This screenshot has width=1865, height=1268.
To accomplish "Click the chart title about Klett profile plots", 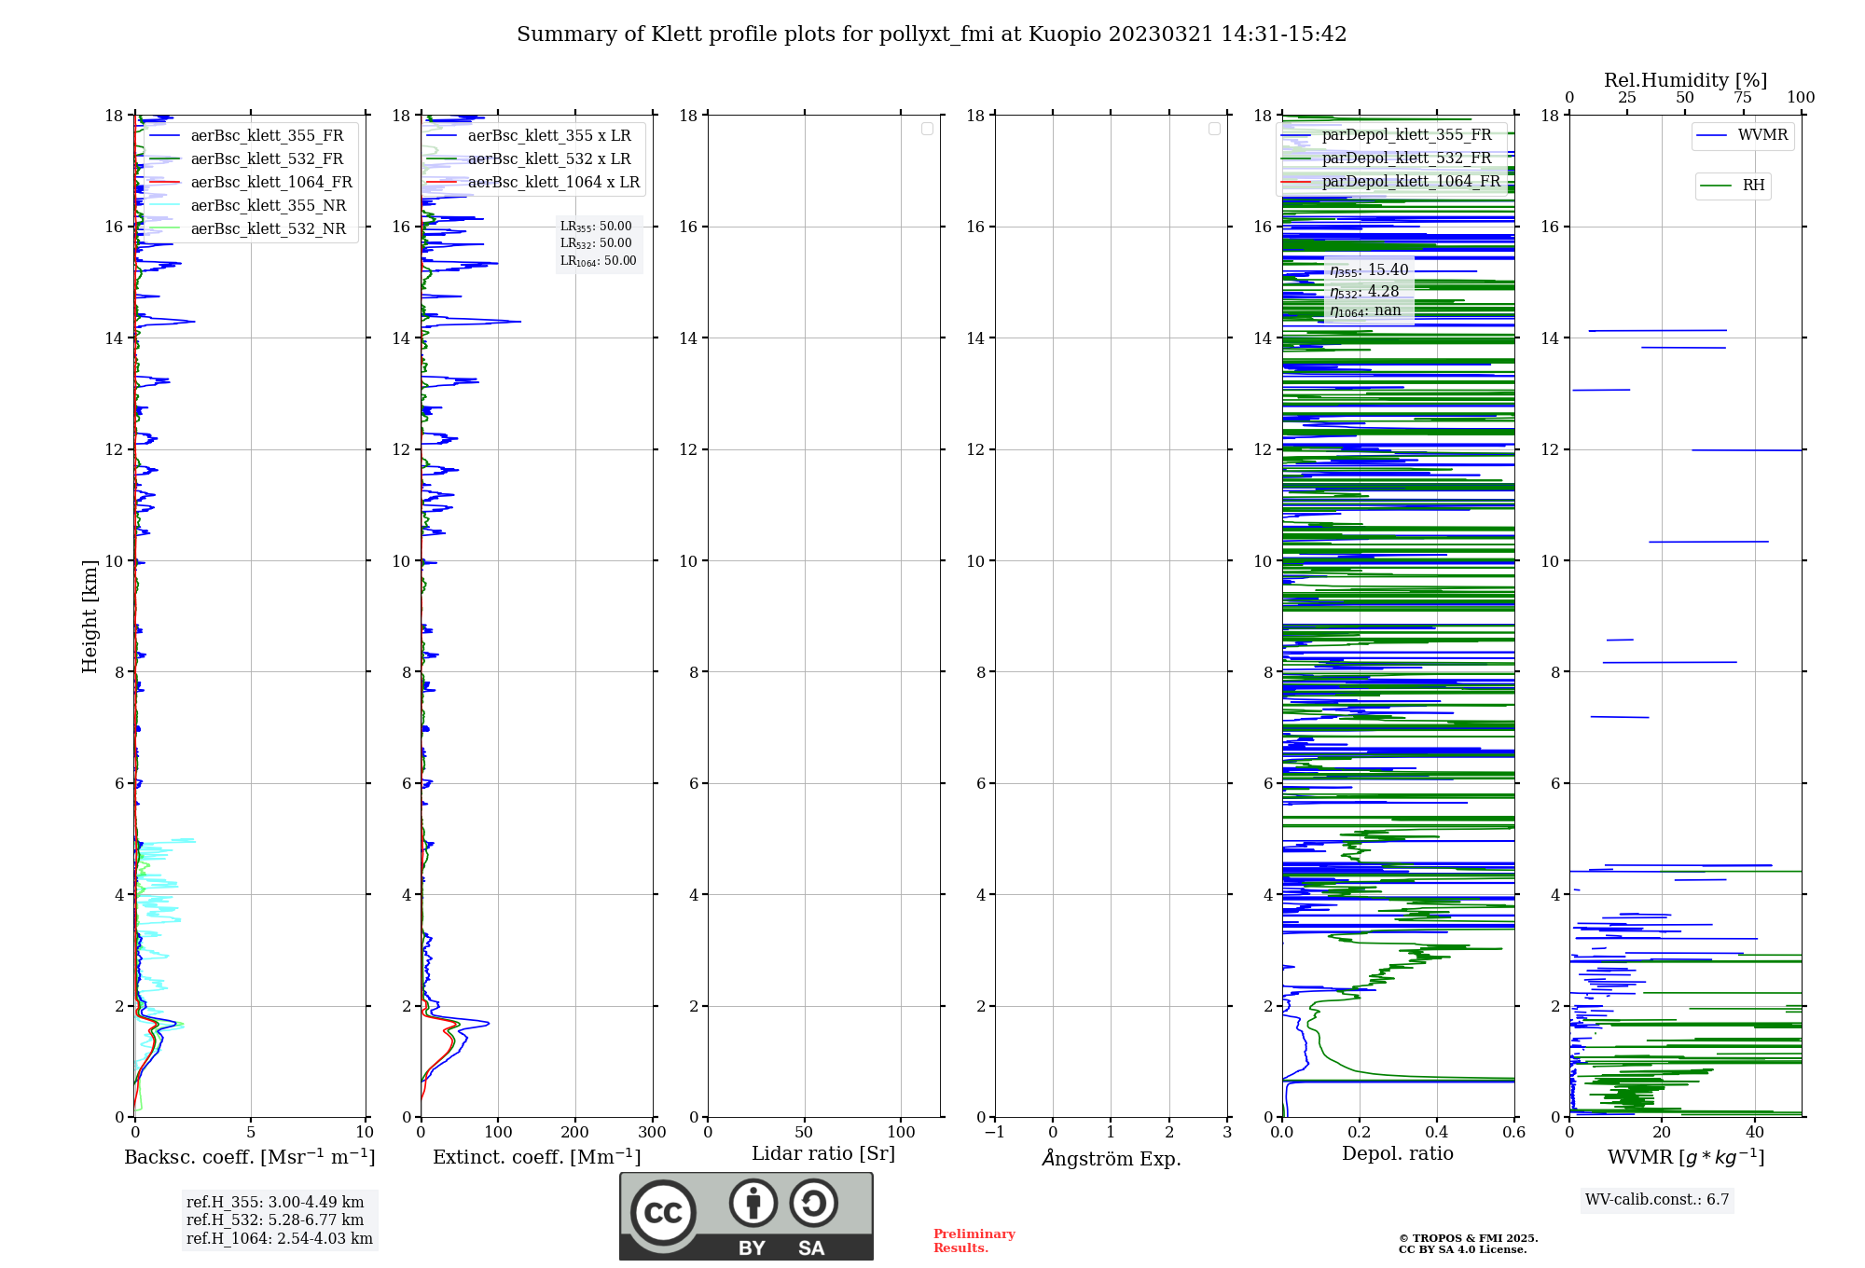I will (932, 34).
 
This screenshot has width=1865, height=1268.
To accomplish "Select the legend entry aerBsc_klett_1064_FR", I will (271, 183).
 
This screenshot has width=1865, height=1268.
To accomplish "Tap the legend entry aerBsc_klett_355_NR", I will (269, 206).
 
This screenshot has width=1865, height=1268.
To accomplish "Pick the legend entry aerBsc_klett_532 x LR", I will (549, 159).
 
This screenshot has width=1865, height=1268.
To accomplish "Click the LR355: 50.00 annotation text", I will (596, 227).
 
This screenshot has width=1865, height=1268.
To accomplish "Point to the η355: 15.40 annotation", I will (1369, 270).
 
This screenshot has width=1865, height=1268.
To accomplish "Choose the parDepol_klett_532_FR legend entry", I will (1406, 158).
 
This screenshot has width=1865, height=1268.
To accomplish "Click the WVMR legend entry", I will (1762, 135).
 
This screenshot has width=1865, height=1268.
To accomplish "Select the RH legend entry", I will (1753, 186).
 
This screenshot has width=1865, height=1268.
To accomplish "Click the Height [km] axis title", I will (90, 616).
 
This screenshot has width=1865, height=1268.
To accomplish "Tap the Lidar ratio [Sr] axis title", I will (823, 1154).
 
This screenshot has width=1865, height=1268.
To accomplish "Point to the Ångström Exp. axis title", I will (1112, 1159).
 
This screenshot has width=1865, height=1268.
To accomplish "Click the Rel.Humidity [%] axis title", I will (1685, 80).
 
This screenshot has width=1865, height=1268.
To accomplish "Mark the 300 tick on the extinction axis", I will (653, 1133).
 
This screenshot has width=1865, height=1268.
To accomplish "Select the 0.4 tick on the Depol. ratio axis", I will (1437, 1133).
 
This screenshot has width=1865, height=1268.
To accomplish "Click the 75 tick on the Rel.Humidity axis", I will (1743, 98).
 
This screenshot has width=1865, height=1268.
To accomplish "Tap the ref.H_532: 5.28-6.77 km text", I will (275, 1220).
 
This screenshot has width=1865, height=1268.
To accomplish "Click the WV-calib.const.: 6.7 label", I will (1657, 1200).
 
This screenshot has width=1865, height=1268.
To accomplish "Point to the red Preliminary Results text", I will (974, 1241).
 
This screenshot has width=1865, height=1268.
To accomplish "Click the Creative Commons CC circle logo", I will (663, 1213).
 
